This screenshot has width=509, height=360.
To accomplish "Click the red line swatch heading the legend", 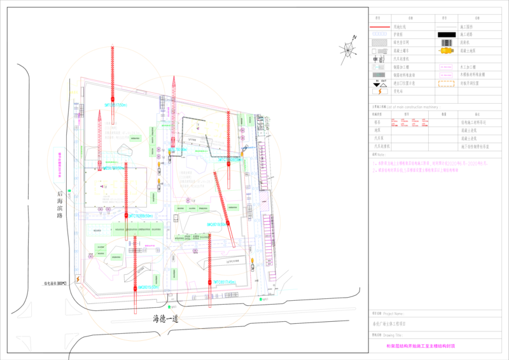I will pyautogui.click(x=380, y=27).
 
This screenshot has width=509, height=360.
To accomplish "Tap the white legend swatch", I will pyautogui.click(x=380, y=50).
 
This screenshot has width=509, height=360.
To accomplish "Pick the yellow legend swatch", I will pyautogui.click(x=446, y=50).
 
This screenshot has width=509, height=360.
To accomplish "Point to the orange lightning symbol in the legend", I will pyautogui.click(x=380, y=91).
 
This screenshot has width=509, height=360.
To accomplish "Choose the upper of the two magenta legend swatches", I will pyautogui.click(x=446, y=66).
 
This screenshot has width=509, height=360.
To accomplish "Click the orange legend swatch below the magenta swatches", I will pyautogui.click(x=447, y=83).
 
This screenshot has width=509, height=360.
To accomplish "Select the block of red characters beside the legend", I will pyautogui.click(x=410, y=123).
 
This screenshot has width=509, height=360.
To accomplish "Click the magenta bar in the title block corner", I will pyautogui.click(x=421, y=346).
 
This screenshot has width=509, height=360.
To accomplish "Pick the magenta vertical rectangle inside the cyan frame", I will pyautogui.click(x=59, y=163).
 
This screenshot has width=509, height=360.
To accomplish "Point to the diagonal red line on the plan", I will pyautogui.click(x=223, y=191).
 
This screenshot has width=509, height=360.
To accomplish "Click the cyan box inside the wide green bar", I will pyautogui.click(x=97, y=230).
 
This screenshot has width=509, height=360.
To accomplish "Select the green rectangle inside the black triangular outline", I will pyautogui.click(x=116, y=256).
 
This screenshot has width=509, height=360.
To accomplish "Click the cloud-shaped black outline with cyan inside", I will pyautogui.click(x=124, y=151).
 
